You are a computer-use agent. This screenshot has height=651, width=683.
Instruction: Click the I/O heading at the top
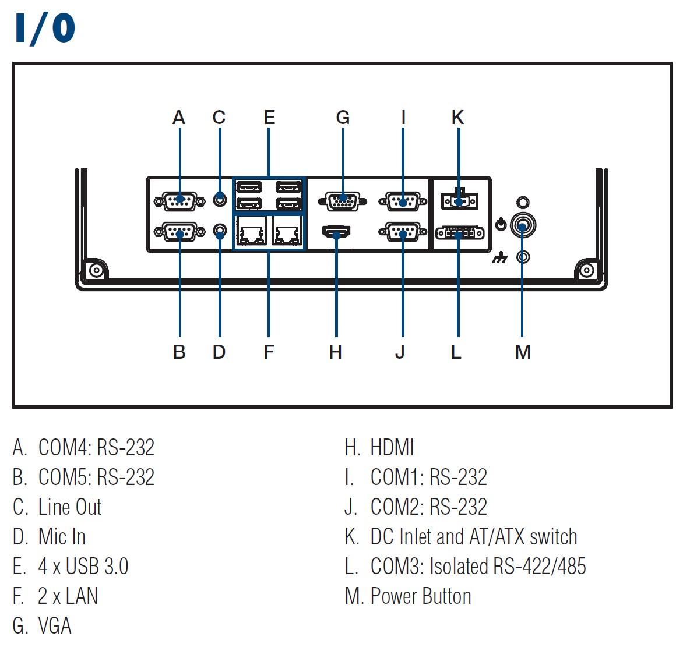coord(45,29)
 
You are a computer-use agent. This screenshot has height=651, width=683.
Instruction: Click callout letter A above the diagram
coord(179,118)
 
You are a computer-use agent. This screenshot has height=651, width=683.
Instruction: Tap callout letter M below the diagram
coord(523,352)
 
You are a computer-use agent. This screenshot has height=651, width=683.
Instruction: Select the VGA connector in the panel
coord(342,201)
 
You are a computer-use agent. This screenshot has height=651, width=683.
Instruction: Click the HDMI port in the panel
coord(336,231)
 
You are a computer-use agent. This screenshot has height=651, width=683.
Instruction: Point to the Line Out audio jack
coord(220,199)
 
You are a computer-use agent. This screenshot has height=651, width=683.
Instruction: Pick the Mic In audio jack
coord(220,230)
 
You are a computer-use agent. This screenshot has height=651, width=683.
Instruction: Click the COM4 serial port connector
coord(179,201)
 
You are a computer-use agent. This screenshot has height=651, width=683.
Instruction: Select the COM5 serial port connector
coord(179,232)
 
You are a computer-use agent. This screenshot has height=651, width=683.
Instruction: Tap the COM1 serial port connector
coord(403,201)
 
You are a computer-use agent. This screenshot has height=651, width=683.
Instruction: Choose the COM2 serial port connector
coord(403,232)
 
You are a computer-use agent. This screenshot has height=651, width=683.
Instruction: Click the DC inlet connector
coord(460,200)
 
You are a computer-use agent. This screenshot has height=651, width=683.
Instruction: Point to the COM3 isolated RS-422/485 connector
coord(460,233)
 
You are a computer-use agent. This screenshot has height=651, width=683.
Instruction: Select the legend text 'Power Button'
coord(421,596)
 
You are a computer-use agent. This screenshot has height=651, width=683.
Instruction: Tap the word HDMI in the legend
coord(392,448)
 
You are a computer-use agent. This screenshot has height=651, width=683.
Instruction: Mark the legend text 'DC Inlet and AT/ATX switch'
coord(474,536)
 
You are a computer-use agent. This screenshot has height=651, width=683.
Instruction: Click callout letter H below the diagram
coord(336,352)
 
